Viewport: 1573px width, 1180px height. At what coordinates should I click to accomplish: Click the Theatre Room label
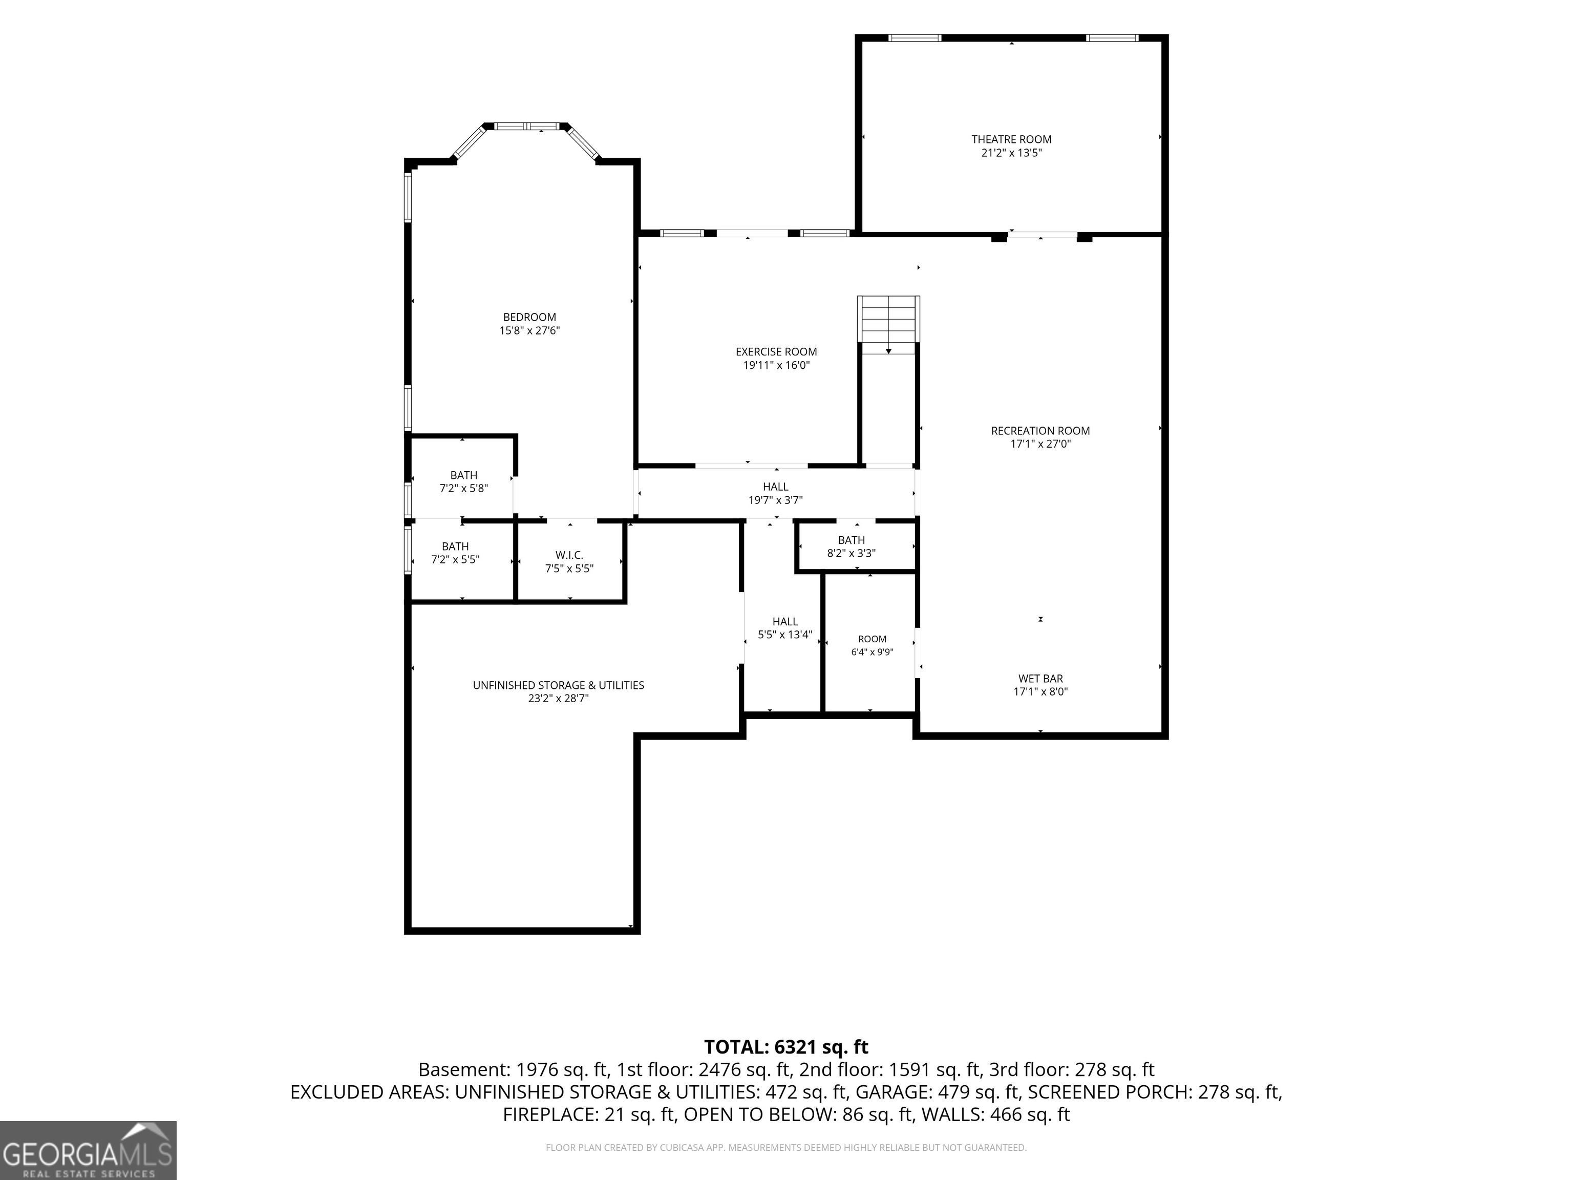tap(1011, 139)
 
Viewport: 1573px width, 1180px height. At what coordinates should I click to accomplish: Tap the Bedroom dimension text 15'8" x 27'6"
tap(530, 331)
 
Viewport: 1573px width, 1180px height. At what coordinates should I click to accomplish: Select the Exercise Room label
tap(776, 351)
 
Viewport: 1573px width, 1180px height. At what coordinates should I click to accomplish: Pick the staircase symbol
tap(888, 324)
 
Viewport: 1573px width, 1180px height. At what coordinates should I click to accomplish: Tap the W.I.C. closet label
tap(569, 555)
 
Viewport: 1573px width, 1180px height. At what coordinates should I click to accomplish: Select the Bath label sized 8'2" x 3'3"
tap(851, 540)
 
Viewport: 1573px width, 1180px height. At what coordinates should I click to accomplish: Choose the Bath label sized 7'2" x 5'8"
tap(463, 475)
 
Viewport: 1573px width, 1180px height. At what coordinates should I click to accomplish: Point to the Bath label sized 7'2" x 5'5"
tap(455, 546)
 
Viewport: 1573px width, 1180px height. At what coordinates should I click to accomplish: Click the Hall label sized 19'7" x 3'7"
tap(775, 487)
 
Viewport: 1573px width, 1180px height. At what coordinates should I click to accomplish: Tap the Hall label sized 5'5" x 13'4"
tap(785, 622)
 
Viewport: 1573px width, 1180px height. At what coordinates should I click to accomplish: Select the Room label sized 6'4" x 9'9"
tap(872, 639)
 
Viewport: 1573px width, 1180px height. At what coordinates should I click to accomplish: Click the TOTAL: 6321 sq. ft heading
tap(786, 1047)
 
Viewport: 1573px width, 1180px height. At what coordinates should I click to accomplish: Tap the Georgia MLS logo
tap(88, 1150)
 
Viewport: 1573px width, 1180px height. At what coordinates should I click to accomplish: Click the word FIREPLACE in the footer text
tap(550, 1114)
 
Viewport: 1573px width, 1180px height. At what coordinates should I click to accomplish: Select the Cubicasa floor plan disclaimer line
tap(786, 1147)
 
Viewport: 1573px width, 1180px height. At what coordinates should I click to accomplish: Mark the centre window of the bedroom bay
tap(527, 127)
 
